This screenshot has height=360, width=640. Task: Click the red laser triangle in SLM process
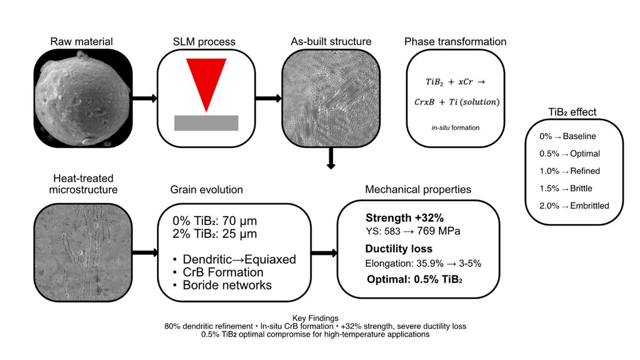point(206,80)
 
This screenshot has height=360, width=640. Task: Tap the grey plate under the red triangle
point(206,122)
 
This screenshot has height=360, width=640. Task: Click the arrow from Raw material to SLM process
point(143,98)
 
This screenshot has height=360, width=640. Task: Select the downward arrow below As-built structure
point(331,158)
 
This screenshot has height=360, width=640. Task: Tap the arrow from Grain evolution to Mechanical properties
point(323,253)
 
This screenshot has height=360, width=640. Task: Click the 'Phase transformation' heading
point(455,42)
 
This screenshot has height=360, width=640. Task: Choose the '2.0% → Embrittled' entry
point(574,206)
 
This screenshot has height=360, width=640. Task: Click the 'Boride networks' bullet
point(222,285)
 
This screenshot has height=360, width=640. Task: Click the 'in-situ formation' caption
point(455,127)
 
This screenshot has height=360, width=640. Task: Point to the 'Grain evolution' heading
point(206,189)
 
